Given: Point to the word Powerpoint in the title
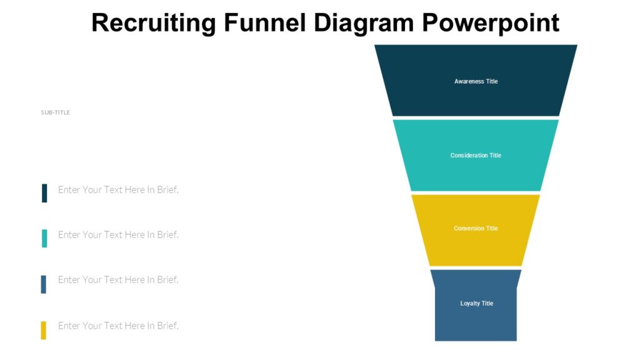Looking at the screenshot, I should coord(489,23).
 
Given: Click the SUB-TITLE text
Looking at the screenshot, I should coord(56,112).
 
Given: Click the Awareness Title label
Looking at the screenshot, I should coord(476,81).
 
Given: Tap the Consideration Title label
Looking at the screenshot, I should coord(476,155).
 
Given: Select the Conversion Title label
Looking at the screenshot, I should coord(476,228).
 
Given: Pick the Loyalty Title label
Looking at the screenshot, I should coord(477,303).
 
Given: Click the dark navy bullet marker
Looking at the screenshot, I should coord(44,193).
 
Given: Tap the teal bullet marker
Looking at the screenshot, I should coord(44,238).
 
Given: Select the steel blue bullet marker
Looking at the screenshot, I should coord(44,284).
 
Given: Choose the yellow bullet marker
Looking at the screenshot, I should coord(44,330).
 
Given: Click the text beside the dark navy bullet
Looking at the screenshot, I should coord(118,189).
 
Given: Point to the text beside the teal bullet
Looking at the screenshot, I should coord(118,234).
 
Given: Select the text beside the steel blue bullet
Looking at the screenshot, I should coord(118,279).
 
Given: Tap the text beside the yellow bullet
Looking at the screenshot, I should coord(118,326).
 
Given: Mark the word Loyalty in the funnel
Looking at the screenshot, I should coord(471,303).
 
